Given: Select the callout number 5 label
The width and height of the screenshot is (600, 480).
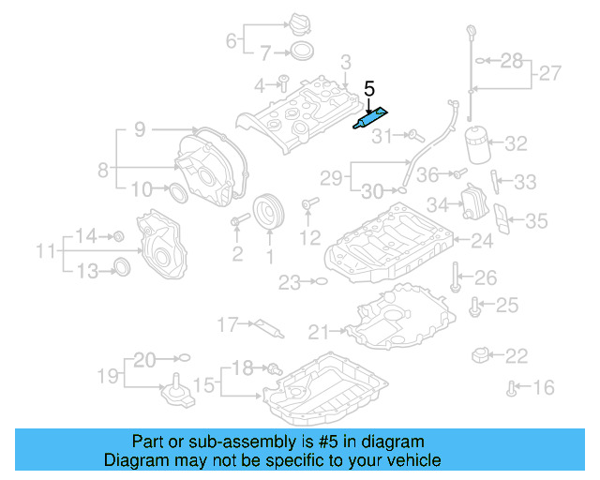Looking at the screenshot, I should [x=369, y=90].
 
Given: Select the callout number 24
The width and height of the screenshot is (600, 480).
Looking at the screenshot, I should [x=481, y=242].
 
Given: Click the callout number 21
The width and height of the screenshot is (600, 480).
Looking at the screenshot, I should [x=319, y=331].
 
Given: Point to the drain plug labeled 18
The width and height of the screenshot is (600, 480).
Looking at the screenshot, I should [x=273, y=368].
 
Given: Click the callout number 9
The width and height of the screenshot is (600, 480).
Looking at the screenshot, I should [x=139, y=130].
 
